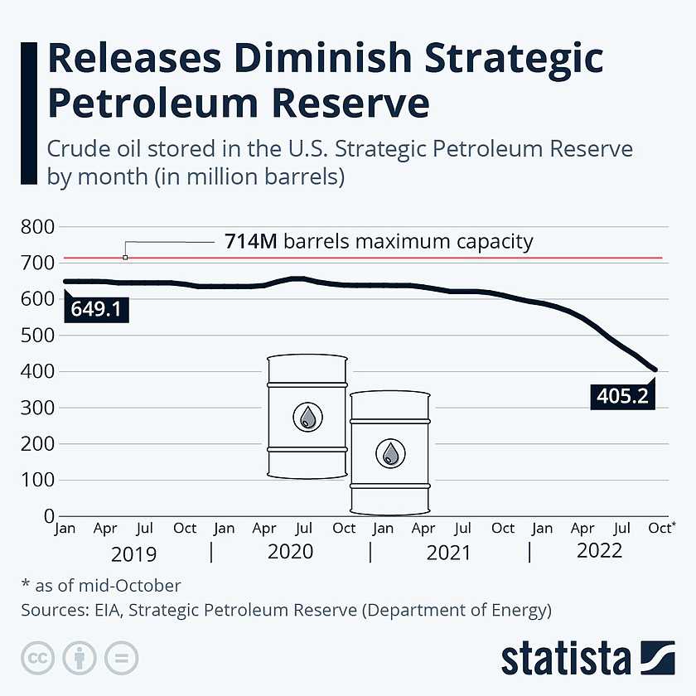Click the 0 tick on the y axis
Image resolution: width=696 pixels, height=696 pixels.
click(x=49, y=516)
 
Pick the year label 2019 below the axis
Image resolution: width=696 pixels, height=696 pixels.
click(x=133, y=553)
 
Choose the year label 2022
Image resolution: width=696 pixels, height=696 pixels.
click(x=599, y=551)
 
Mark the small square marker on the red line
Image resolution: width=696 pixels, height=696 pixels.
click(x=125, y=258)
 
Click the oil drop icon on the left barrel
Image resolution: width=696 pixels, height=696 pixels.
click(x=307, y=417)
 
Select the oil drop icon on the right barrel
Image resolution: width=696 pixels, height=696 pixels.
click(x=390, y=453)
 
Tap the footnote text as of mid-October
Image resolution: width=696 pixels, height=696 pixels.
click(x=107, y=586)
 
